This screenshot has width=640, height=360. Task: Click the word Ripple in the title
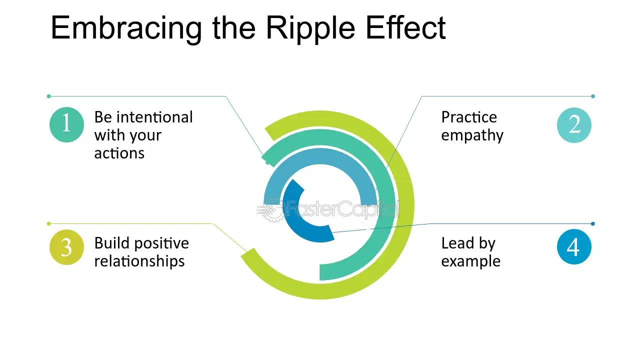(x=310, y=29)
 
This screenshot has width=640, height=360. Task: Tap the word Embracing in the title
(x=126, y=29)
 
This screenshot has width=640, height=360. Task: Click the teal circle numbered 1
(x=66, y=125)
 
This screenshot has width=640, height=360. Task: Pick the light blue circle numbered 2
(x=574, y=125)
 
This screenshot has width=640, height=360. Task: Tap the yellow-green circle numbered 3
(x=66, y=247)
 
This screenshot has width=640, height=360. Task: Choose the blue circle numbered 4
(x=574, y=246)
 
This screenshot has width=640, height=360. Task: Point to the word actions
(x=119, y=153)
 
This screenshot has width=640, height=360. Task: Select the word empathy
(x=472, y=136)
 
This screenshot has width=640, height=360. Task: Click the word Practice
(x=469, y=117)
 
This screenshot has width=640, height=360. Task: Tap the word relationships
(x=139, y=261)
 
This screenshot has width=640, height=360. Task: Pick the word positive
(x=161, y=243)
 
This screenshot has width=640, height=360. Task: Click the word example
(x=471, y=261)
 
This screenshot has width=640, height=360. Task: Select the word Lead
(x=457, y=243)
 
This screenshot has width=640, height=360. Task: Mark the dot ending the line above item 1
(x=48, y=96)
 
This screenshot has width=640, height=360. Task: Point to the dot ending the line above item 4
(x=593, y=223)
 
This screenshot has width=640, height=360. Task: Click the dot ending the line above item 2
(x=593, y=96)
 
